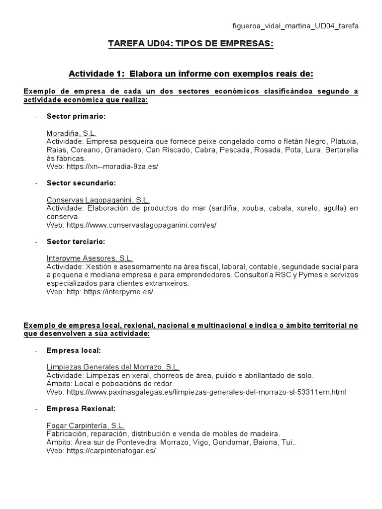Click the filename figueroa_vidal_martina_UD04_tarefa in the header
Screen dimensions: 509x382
(295, 26)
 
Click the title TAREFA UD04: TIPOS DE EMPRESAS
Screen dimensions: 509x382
(191, 45)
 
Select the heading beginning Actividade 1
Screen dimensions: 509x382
(191, 74)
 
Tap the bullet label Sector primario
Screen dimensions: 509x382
(76, 116)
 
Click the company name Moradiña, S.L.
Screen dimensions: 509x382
(72, 133)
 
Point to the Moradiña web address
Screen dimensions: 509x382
(112, 167)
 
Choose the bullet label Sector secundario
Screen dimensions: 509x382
(81, 183)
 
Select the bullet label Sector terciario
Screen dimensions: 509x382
(76, 242)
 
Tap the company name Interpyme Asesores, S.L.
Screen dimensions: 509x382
(90, 258)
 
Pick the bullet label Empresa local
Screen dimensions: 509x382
(74, 350)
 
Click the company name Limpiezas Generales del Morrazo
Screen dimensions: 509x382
(113, 367)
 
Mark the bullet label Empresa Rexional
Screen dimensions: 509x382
(81, 409)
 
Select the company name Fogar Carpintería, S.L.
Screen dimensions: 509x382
(86, 426)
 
